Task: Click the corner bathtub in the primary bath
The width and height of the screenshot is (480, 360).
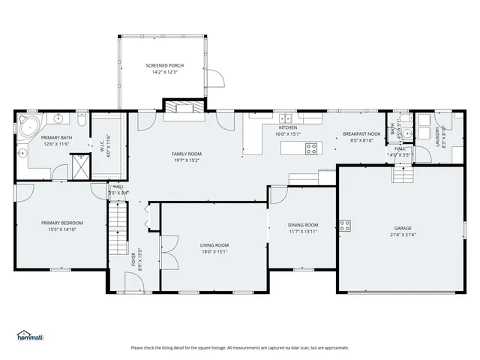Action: [29, 124]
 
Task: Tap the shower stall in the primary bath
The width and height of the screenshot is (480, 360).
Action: [79, 163]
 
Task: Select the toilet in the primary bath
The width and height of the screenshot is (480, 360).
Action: [81, 120]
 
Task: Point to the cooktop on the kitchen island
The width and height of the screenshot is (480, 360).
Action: [310, 148]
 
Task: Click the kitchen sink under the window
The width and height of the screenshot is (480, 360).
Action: [286, 118]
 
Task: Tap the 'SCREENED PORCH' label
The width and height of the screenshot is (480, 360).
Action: [164, 66]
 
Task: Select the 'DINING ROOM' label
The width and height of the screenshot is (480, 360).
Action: [303, 225]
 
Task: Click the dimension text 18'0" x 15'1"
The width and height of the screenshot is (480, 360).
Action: [214, 251]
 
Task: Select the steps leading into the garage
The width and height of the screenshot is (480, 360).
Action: [403, 175]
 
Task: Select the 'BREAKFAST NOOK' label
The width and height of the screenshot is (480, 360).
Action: [362, 133]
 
